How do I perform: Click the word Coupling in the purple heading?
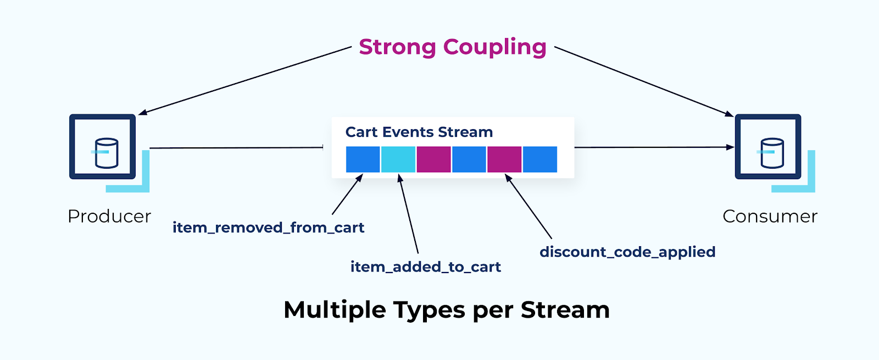(494, 47)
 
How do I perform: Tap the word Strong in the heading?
(397, 47)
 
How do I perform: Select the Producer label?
(109, 217)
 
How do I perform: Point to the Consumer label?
(770, 217)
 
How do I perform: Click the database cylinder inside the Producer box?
(106, 152)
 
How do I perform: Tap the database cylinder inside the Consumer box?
(772, 152)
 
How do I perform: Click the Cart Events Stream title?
(419, 132)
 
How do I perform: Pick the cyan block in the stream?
(398, 159)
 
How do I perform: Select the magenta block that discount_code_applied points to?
(504, 159)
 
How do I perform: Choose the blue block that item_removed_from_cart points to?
(363, 159)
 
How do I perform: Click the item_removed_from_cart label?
(268, 228)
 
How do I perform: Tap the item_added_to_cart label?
(425, 267)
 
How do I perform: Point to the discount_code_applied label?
(627, 252)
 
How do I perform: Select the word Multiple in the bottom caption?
(335, 310)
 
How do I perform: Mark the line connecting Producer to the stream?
(236, 148)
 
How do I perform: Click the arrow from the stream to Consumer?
(654, 147)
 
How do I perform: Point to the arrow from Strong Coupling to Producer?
(244, 81)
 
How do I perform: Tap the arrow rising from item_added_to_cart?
(409, 214)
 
